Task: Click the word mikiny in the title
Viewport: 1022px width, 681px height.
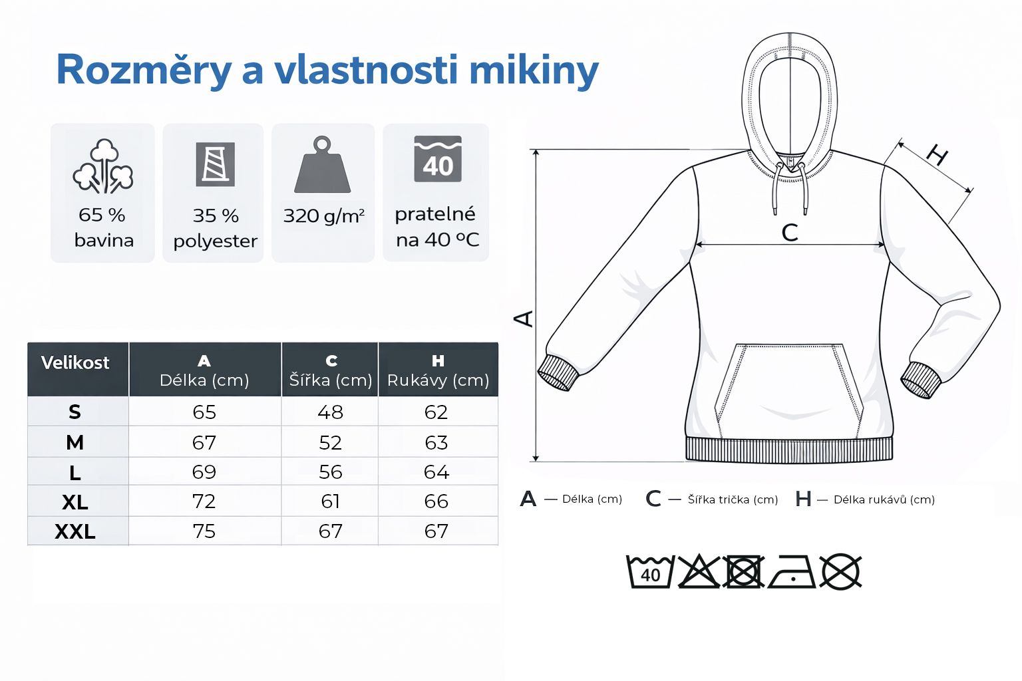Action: coord(534,70)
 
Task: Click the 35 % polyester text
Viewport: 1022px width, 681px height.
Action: coord(215,228)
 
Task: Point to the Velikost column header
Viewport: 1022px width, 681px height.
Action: coord(75,363)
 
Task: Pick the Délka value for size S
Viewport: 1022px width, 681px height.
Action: coord(204,412)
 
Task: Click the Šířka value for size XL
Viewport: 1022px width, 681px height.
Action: coord(330,501)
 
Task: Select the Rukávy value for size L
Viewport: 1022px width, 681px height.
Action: coord(436,472)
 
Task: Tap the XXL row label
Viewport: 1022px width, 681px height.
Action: coord(75,531)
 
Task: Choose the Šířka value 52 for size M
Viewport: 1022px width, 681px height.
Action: coord(330,443)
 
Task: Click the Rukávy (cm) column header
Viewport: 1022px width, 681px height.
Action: coord(438,371)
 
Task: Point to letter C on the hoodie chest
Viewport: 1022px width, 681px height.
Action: coord(790,232)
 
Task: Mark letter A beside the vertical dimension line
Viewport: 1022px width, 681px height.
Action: coord(524,319)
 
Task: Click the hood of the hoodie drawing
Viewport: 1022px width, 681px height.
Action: coord(790,100)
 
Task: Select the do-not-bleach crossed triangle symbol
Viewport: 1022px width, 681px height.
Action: coord(698,572)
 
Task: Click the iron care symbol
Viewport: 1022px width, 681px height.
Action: coord(792,573)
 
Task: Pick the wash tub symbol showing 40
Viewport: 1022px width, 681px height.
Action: coord(650,573)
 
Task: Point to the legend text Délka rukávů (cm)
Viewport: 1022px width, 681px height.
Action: coord(884,499)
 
